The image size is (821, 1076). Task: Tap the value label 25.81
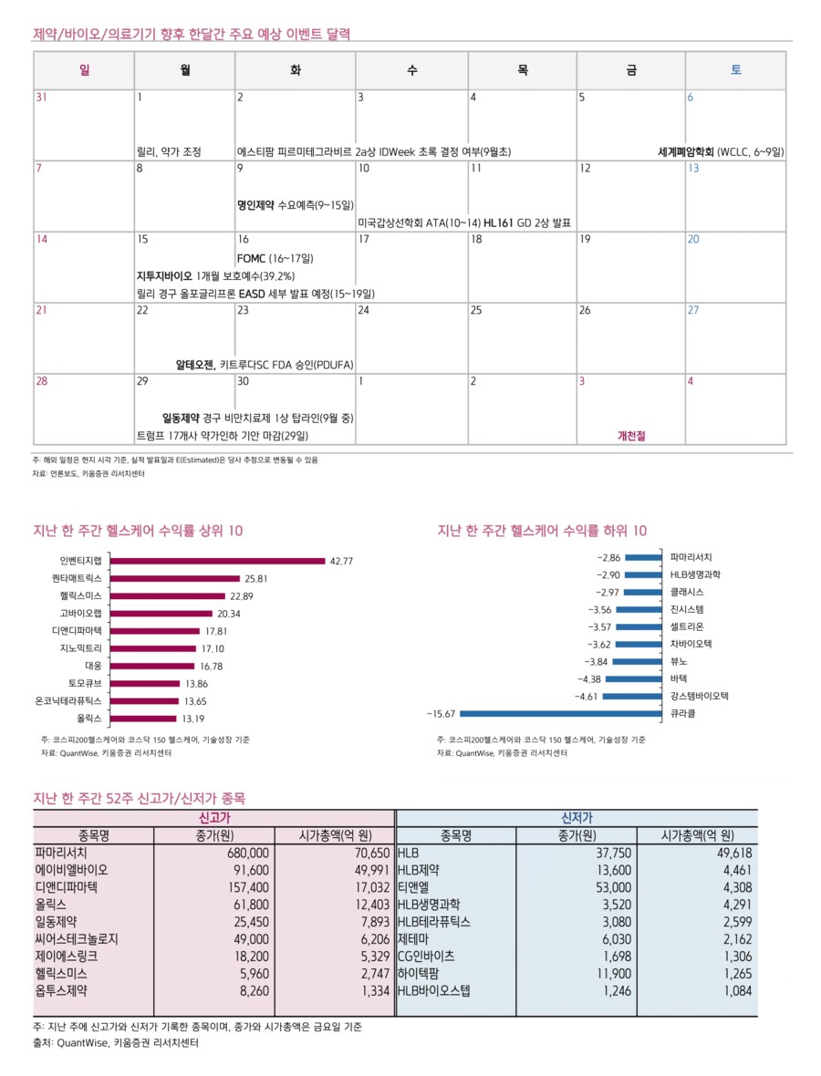pyautogui.click(x=255, y=578)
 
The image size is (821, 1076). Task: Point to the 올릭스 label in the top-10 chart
pyautogui.click(x=89, y=718)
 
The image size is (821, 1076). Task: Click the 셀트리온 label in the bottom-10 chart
pyautogui.click(x=687, y=626)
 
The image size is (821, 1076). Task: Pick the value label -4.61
pyautogui.click(x=585, y=696)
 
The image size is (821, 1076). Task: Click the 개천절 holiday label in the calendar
pyautogui.click(x=631, y=436)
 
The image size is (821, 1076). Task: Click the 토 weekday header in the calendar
pyautogui.click(x=735, y=70)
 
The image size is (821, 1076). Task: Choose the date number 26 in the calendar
pyautogui.click(x=585, y=310)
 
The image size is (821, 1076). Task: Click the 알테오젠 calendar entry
pyautogui.click(x=195, y=365)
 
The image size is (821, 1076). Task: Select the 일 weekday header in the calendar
pyautogui.click(x=84, y=70)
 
